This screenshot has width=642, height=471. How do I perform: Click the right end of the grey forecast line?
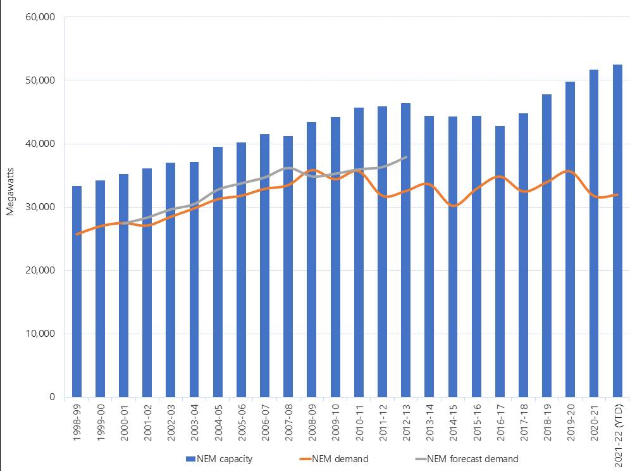tap(405, 156)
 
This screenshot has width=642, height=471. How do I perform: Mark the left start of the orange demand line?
tap(77, 234)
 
